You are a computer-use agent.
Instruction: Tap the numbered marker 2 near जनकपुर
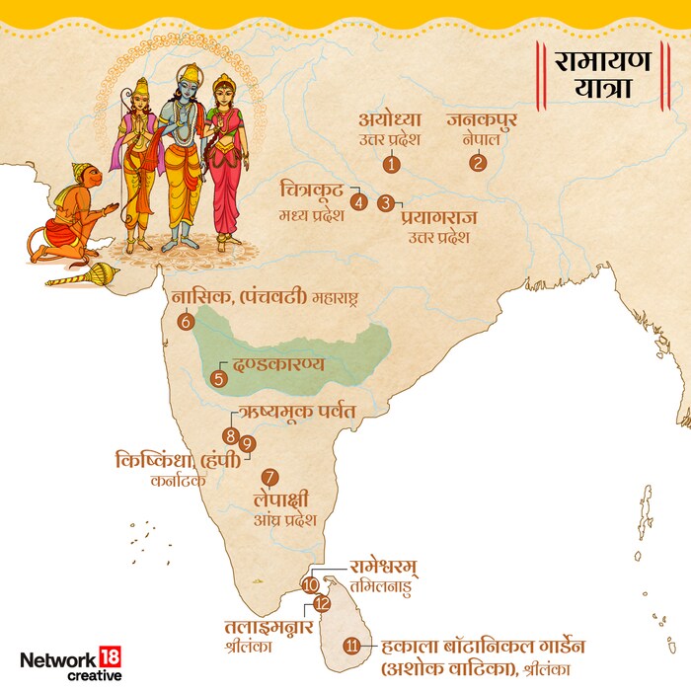479,163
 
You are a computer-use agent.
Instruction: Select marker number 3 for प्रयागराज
385,203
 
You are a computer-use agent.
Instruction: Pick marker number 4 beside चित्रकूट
358,202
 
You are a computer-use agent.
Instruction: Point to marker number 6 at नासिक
186,321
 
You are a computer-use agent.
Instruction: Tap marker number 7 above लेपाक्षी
270,478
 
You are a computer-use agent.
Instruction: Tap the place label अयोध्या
393,121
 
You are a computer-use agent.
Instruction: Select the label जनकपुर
481,121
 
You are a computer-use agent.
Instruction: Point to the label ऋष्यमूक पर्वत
296,411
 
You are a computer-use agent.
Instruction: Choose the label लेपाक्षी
284,500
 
